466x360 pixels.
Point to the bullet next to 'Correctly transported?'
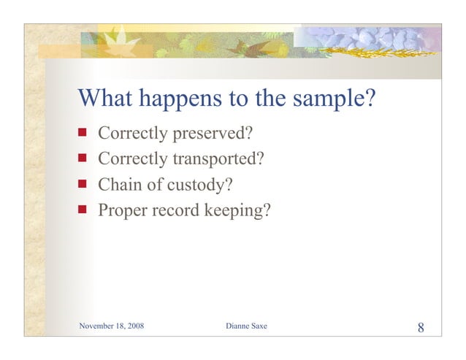(83, 158)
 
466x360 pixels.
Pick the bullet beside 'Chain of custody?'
(83, 184)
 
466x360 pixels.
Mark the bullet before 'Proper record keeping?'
(83, 210)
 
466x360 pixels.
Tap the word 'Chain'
(118, 185)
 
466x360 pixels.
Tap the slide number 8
(421, 326)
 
